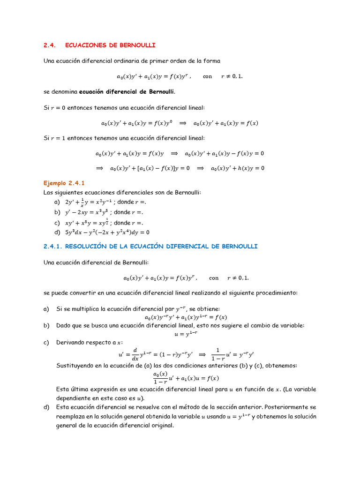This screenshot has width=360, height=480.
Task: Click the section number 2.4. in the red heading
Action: (x=50, y=45)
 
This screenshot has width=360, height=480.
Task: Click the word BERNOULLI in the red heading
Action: (x=137, y=45)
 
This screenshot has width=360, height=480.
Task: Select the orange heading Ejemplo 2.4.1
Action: (x=64, y=183)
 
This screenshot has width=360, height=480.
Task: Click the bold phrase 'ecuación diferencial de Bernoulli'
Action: (x=127, y=91)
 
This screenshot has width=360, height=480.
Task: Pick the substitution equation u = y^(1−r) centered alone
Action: (x=180, y=334)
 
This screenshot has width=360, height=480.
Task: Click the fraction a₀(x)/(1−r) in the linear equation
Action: (x=160, y=378)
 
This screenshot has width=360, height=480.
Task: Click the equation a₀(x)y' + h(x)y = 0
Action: (x=237, y=168)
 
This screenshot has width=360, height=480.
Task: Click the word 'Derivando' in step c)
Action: (x=72, y=343)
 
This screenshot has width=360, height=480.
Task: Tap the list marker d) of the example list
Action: (x=57, y=232)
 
